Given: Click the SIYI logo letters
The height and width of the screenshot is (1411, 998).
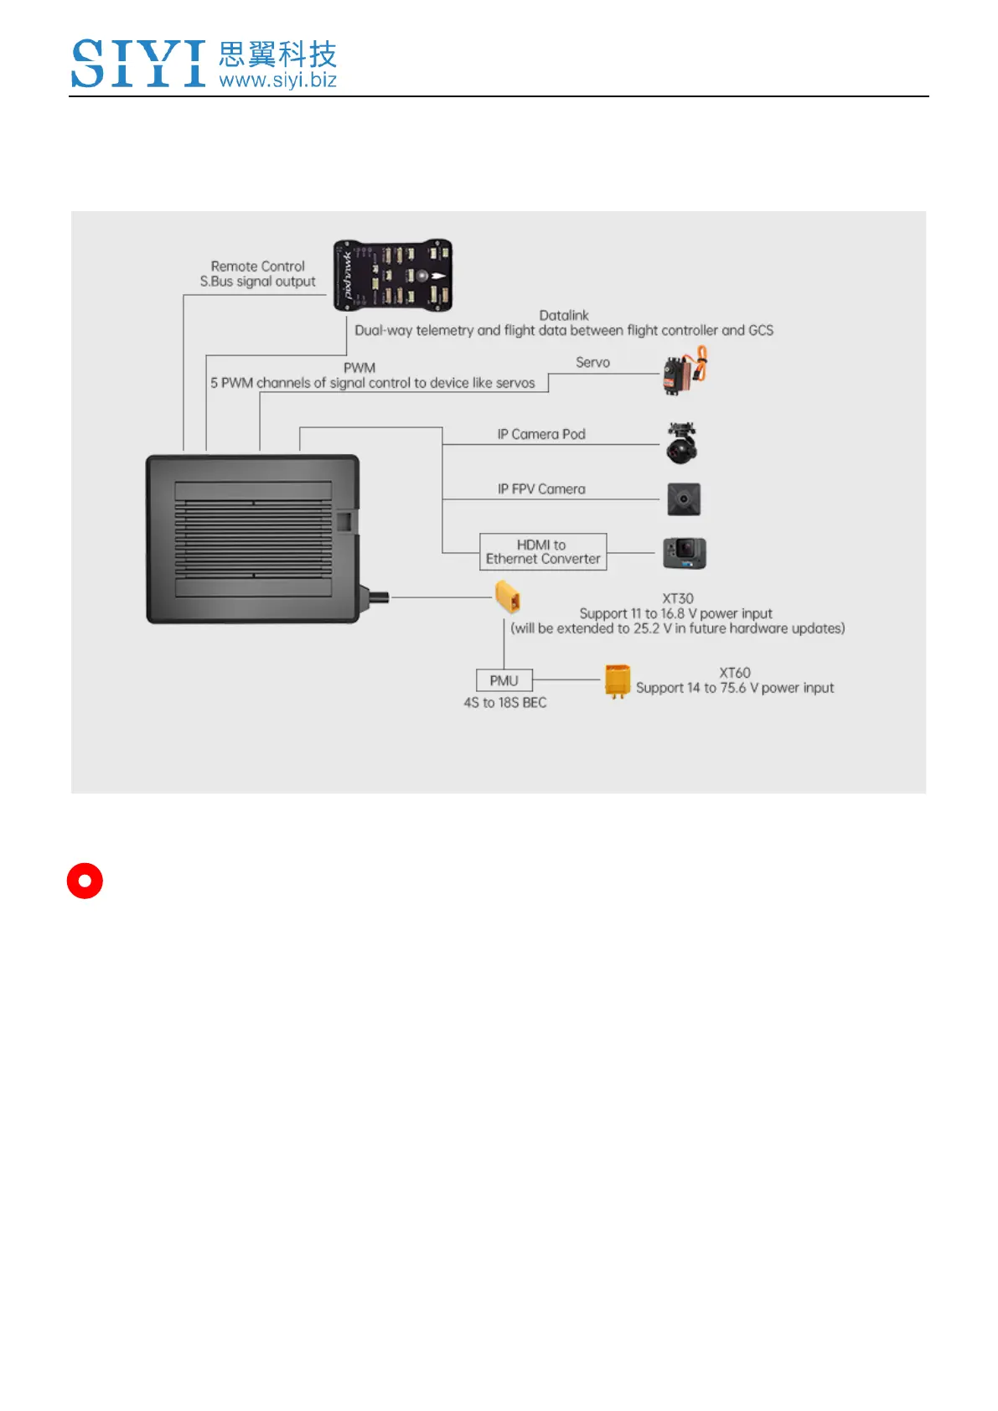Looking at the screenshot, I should click(x=138, y=64).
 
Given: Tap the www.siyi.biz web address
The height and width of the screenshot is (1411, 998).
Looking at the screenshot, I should click(x=277, y=80).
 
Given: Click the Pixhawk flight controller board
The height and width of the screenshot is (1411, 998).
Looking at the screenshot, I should click(x=392, y=275).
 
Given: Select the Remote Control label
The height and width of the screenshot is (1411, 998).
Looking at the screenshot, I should click(x=257, y=266).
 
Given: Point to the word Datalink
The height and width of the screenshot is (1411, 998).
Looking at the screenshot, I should click(x=563, y=315).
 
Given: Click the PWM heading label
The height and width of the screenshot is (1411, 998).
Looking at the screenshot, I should click(x=359, y=368).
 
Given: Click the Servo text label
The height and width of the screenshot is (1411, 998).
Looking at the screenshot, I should click(x=592, y=363).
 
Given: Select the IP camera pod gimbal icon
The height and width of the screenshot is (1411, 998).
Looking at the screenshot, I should click(x=682, y=443).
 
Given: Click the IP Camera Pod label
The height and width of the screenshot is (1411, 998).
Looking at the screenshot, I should click(x=541, y=434).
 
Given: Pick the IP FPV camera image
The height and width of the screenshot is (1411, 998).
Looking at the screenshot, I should click(x=684, y=499).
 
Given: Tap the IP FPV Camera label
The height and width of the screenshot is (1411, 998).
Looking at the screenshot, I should click(x=541, y=489).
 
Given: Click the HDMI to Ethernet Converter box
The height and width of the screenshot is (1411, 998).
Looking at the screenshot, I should click(x=543, y=552).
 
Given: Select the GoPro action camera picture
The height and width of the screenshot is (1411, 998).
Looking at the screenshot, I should click(x=685, y=554).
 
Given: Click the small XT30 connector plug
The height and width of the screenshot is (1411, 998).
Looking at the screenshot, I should click(x=508, y=597).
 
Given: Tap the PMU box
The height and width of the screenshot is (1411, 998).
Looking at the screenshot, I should click(x=504, y=680).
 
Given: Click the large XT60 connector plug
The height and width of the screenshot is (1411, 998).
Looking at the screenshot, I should click(x=617, y=681).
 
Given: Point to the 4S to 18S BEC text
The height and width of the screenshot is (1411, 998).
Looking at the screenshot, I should click(x=505, y=703).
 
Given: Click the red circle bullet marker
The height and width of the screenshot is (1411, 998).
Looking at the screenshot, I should click(x=85, y=881).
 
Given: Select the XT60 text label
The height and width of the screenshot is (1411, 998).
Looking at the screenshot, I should click(x=735, y=673).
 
